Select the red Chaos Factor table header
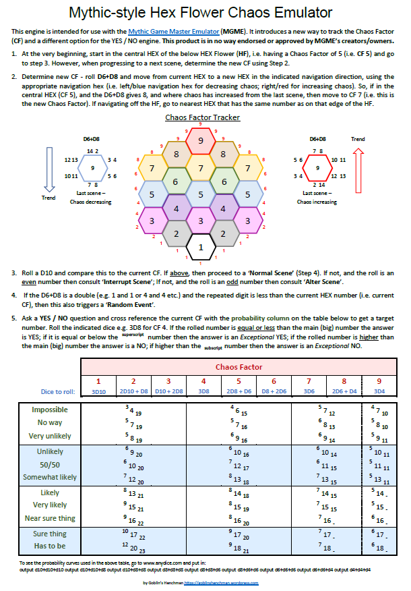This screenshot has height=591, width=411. pyautogui.click(x=241, y=366)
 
